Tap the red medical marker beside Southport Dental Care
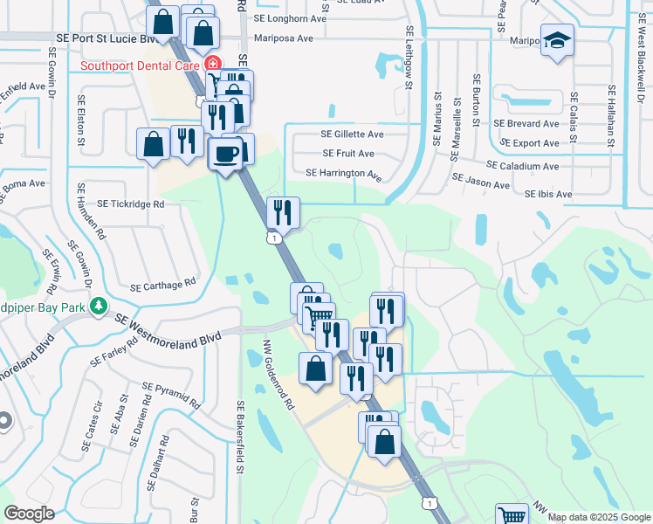click(x=212, y=65)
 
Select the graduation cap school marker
click(x=555, y=41)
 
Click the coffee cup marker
click(x=226, y=154)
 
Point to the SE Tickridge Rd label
click(x=131, y=203)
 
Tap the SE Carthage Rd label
click(x=162, y=286)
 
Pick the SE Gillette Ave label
click(x=352, y=134)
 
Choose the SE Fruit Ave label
click(x=348, y=153)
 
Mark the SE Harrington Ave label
click(x=344, y=173)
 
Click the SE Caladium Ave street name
click(x=522, y=166)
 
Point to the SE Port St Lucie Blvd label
click(x=106, y=38)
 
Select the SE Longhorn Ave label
click(x=291, y=17)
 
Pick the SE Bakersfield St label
click(x=239, y=438)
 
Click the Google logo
click(x=29, y=514)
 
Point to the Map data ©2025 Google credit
click(x=599, y=517)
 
